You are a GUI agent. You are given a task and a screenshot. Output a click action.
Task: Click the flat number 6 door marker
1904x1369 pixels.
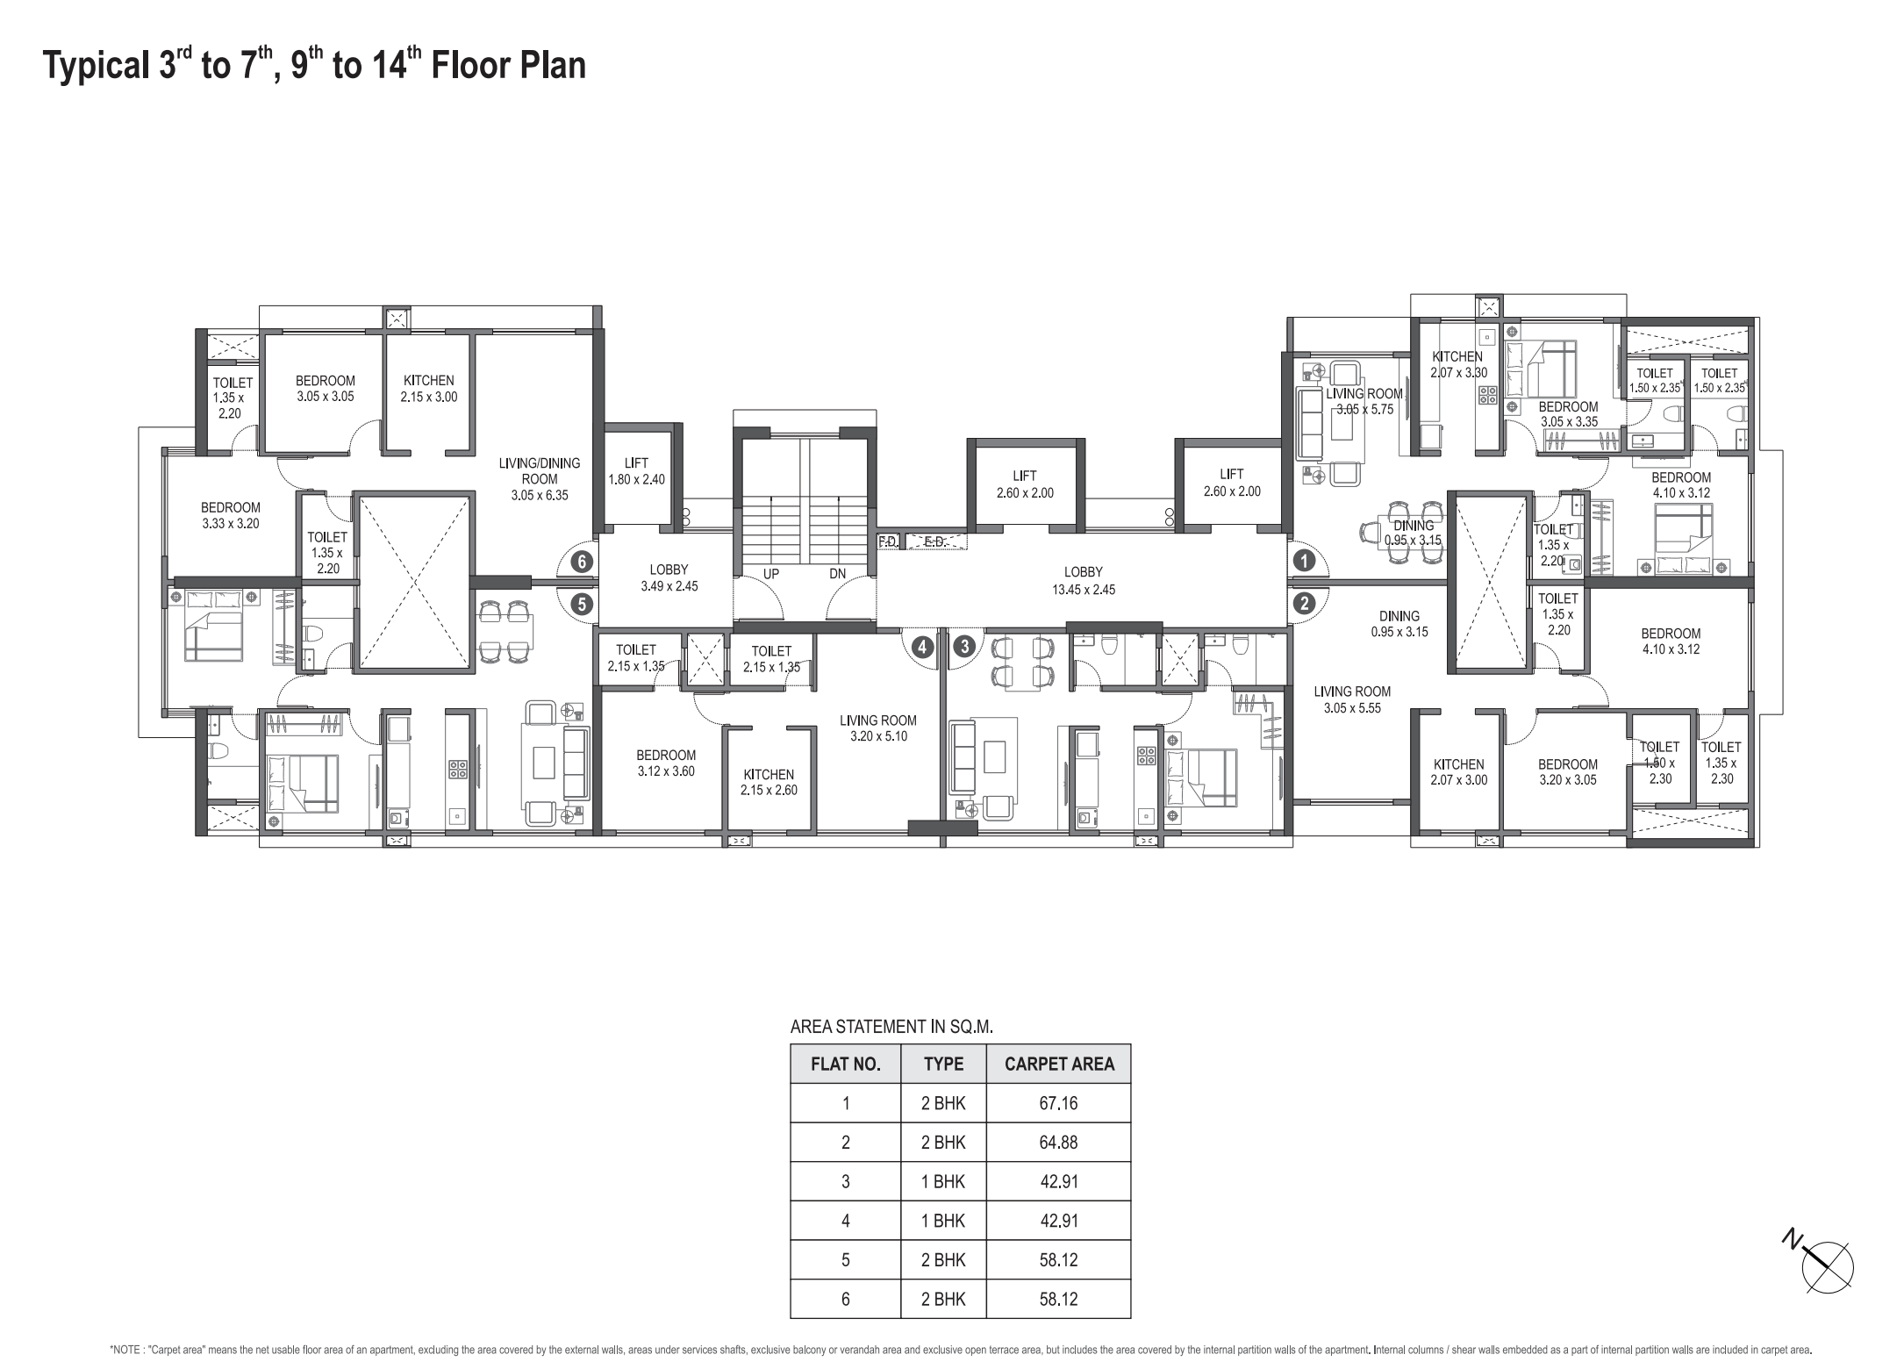pyautogui.click(x=581, y=562)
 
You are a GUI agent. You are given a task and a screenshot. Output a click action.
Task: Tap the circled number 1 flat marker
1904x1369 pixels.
pyautogui.click(x=1304, y=560)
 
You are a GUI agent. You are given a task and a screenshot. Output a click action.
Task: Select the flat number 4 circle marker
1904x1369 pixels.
pyautogui.click(x=921, y=648)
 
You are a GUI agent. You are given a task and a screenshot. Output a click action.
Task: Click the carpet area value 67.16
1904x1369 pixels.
pyautogui.click(x=1058, y=1103)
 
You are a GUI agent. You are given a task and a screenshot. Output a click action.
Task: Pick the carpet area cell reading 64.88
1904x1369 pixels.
pyautogui.click(x=1058, y=1143)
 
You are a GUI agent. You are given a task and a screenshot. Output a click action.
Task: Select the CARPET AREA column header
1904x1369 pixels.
pyautogui.click(x=1059, y=1064)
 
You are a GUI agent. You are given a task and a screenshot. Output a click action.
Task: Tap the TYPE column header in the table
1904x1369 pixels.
pyautogui.click(x=943, y=1064)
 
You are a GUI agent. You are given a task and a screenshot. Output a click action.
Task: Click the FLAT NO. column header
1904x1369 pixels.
pyautogui.click(x=845, y=1064)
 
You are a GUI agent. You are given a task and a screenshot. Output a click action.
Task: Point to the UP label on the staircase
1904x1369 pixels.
pyautogui.click(x=771, y=574)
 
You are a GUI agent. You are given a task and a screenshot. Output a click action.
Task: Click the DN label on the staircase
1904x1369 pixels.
pyautogui.click(x=837, y=574)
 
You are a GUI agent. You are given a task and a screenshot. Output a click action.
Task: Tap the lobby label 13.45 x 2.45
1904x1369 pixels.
pyautogui.click(x=1084, y=581)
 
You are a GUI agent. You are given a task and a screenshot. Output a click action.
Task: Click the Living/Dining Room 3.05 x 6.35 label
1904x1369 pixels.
pyautogui.click(x=540, y=479)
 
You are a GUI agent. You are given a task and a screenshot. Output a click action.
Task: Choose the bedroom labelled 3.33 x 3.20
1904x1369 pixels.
pyautogui.click(x=231, y=515)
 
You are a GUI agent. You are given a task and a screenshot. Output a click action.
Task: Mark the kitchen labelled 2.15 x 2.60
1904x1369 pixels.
pyautogui.click(x=769, y=782)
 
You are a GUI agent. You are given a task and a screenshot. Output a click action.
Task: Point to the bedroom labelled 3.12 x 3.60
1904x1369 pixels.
pyautogui.click(x=666, y=763)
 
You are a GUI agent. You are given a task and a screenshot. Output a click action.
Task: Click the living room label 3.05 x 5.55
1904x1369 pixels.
pyautogui.click(x=1352, y=699)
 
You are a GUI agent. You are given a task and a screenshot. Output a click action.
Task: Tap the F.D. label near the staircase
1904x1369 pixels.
pyautogui.click(x=888, y=542)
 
